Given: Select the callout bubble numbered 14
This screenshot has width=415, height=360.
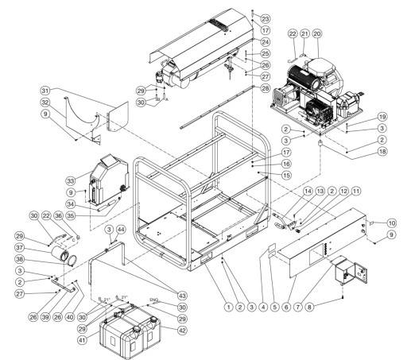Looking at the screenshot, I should tap(309, 191).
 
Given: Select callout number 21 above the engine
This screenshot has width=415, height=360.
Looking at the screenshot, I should tap(305, 34).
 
